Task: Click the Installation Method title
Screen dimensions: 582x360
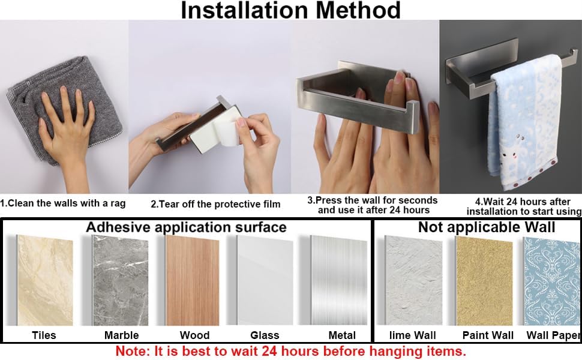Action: coord(290,10)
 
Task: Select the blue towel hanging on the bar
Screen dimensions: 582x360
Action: coord(523,122)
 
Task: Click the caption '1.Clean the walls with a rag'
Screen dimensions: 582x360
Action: coord(63,203)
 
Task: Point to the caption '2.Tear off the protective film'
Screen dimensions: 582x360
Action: coord(215,204)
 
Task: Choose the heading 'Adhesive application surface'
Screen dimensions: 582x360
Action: coord(186,227)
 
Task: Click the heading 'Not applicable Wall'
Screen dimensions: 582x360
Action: coord(487,227)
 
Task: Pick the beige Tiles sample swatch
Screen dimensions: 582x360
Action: coord(45,280)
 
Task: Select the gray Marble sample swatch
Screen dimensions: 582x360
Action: coord(120,281)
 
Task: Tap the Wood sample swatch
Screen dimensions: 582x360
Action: coord(192,281)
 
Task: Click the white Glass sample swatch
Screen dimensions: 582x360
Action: coord(265,281)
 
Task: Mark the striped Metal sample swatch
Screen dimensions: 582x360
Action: coord(338,280)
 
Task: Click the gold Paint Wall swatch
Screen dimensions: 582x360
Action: coord(484,281)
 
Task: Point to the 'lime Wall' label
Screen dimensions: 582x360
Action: coord(412,335)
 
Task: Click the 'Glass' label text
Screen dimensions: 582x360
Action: coord(265,335)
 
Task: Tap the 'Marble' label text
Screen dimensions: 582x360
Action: coord(121,335)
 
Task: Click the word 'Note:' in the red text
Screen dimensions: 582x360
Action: coord(133,351)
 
